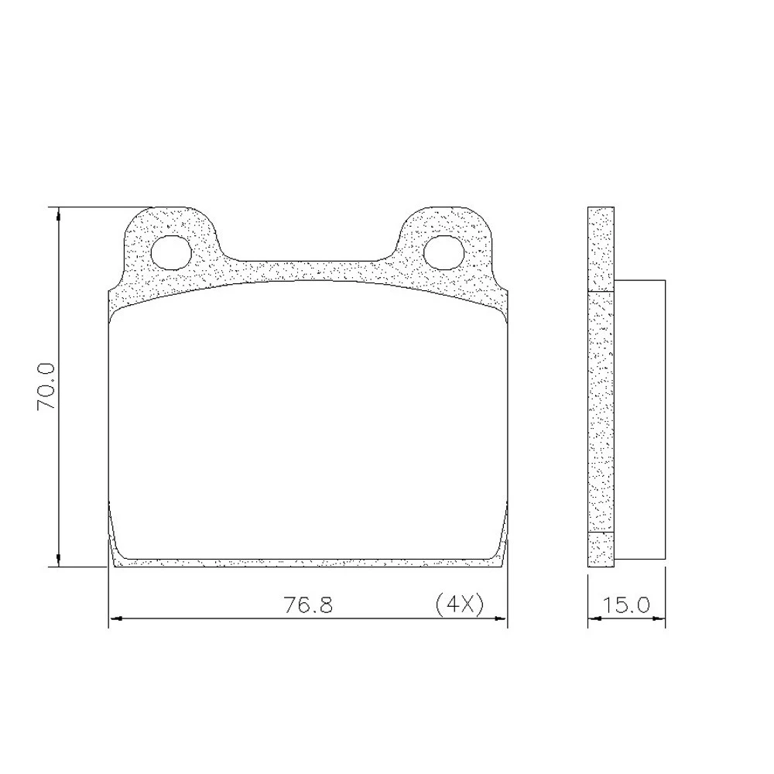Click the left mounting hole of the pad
tap(171, 252)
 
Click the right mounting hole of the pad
tap(444, 252)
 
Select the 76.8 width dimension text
tap(308, 604)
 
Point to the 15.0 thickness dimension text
tap(625, 604)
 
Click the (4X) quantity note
tap(460, 604)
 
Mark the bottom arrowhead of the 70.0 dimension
tap(59, 560)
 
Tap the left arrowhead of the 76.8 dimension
tap(115, 618)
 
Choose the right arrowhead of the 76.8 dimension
tap(501, 618)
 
